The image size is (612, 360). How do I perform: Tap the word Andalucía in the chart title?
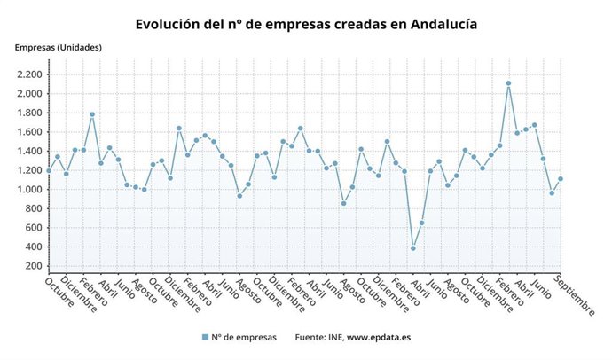(443, 24)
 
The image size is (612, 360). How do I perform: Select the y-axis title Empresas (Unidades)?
(58, 47)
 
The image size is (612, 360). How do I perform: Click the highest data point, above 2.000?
(508, 83)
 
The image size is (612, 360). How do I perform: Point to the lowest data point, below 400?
(413, 248)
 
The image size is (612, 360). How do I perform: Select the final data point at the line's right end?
(561, 179)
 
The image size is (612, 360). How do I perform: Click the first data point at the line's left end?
(49, 170)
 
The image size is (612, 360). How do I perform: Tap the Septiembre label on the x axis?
(575, 295)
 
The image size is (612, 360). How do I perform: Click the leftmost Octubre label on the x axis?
(60, 293)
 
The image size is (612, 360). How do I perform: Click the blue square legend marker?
(205, 337)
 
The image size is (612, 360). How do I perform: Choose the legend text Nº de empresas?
(245, 337)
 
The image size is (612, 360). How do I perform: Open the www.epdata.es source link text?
(378, 337)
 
